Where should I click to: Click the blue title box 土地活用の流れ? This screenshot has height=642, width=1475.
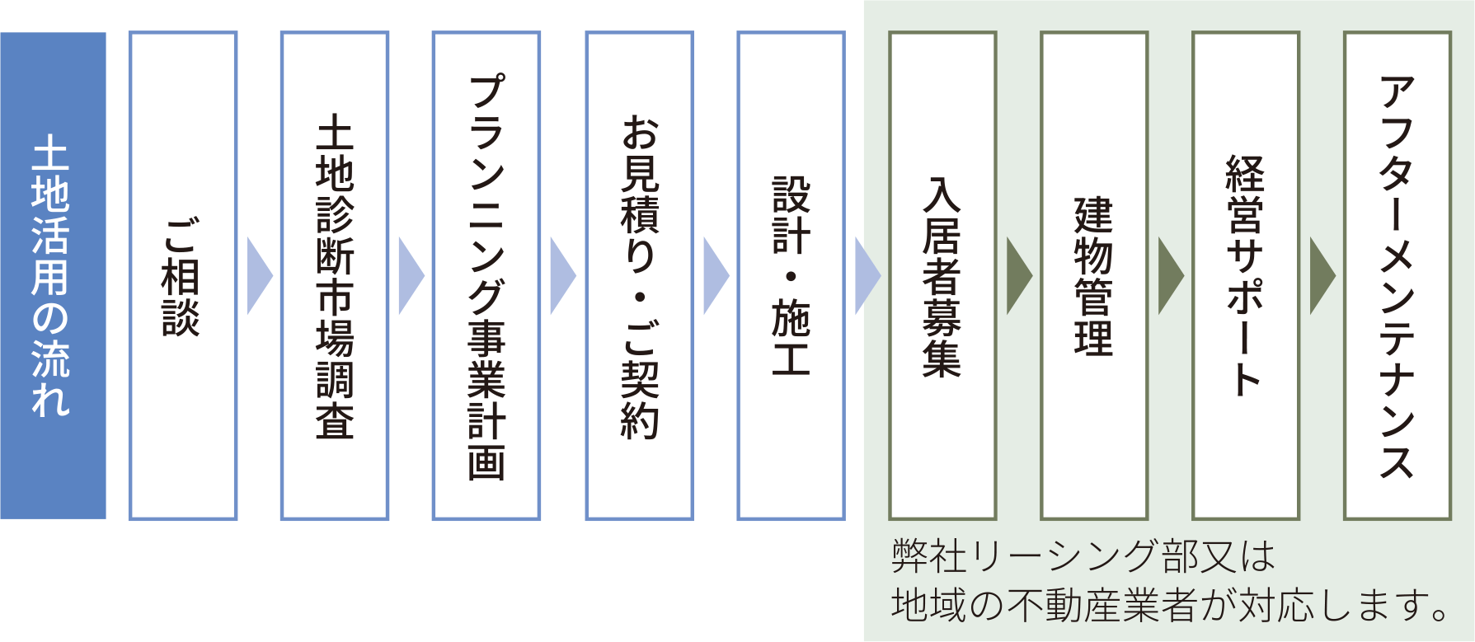pos(53,275)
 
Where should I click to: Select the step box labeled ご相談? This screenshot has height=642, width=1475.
pos(183,275)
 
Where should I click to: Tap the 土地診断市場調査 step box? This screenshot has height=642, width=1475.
pos(335,275)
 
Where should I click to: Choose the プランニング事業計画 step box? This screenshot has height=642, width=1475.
pos(486,275)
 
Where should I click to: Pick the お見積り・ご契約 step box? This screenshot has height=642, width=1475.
pos(639,275)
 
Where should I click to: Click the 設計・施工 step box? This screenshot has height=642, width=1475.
pos(791,275)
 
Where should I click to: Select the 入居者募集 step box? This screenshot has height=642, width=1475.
pos(942,275)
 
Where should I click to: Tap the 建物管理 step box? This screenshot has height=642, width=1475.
pos(1094,275)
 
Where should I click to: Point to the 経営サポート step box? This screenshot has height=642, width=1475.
pos(1246,275)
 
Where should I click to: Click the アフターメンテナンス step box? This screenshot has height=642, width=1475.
pos(1397,275)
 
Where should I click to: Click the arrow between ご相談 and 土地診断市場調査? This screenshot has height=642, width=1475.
pos(258,276)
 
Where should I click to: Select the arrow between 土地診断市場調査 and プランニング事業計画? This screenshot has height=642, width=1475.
pos(410,276)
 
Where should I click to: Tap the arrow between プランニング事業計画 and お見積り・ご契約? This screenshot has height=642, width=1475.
pos(561,276)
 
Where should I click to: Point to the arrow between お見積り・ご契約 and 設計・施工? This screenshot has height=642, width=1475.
pos(714,276)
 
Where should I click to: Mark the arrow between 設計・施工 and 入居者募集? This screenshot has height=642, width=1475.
pos(866,276)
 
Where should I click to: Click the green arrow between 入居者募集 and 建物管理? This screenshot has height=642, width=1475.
pos(1017,276)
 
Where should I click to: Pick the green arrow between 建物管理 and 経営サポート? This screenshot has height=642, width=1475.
pos(1169,276)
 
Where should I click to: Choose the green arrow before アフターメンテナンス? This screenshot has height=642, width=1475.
pos(1321,276)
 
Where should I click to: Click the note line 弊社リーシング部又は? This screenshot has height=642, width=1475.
pos(1083,556)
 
